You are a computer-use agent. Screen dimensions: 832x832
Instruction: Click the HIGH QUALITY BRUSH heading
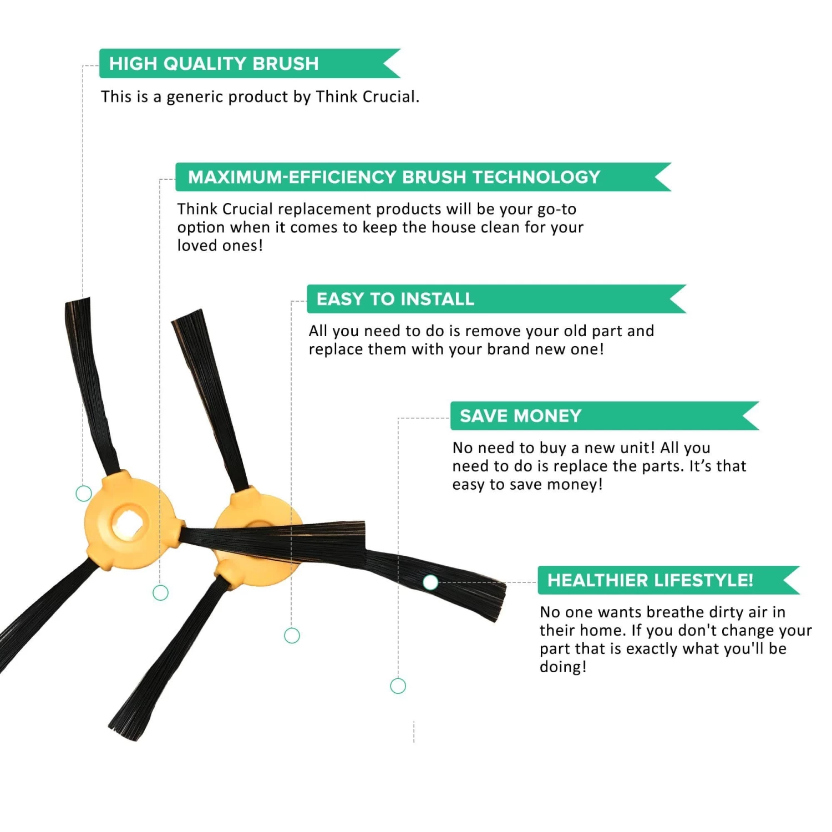(x=214, y=64)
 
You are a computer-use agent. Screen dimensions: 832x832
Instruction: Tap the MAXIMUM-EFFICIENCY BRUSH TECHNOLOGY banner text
(x=394, y=177)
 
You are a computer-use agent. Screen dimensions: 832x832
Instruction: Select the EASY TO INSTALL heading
(x=395, y=299)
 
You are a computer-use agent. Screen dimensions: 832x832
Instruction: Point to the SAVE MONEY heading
(x=520, y=416)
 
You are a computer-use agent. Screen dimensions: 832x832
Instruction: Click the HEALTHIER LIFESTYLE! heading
(x=650, y=580)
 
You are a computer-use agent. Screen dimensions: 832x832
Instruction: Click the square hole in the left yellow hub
(x=129, y=524)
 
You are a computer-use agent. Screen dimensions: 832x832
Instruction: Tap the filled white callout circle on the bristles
(x=430, y=582)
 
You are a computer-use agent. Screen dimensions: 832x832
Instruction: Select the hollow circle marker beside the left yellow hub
(x=84, y=493)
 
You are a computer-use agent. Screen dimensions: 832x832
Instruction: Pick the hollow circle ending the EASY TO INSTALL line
(x=292, y=636)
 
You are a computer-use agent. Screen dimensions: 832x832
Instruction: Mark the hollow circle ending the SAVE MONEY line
(x=398, y=686)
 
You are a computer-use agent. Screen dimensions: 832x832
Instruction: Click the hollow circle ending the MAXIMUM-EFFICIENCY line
(x=160, y=593)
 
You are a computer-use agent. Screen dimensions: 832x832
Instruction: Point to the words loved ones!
(x=220, y=245)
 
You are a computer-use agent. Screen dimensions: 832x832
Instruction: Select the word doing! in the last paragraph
(x=563, y=667)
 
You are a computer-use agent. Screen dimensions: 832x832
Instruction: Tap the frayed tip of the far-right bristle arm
(x=499, y=602)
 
